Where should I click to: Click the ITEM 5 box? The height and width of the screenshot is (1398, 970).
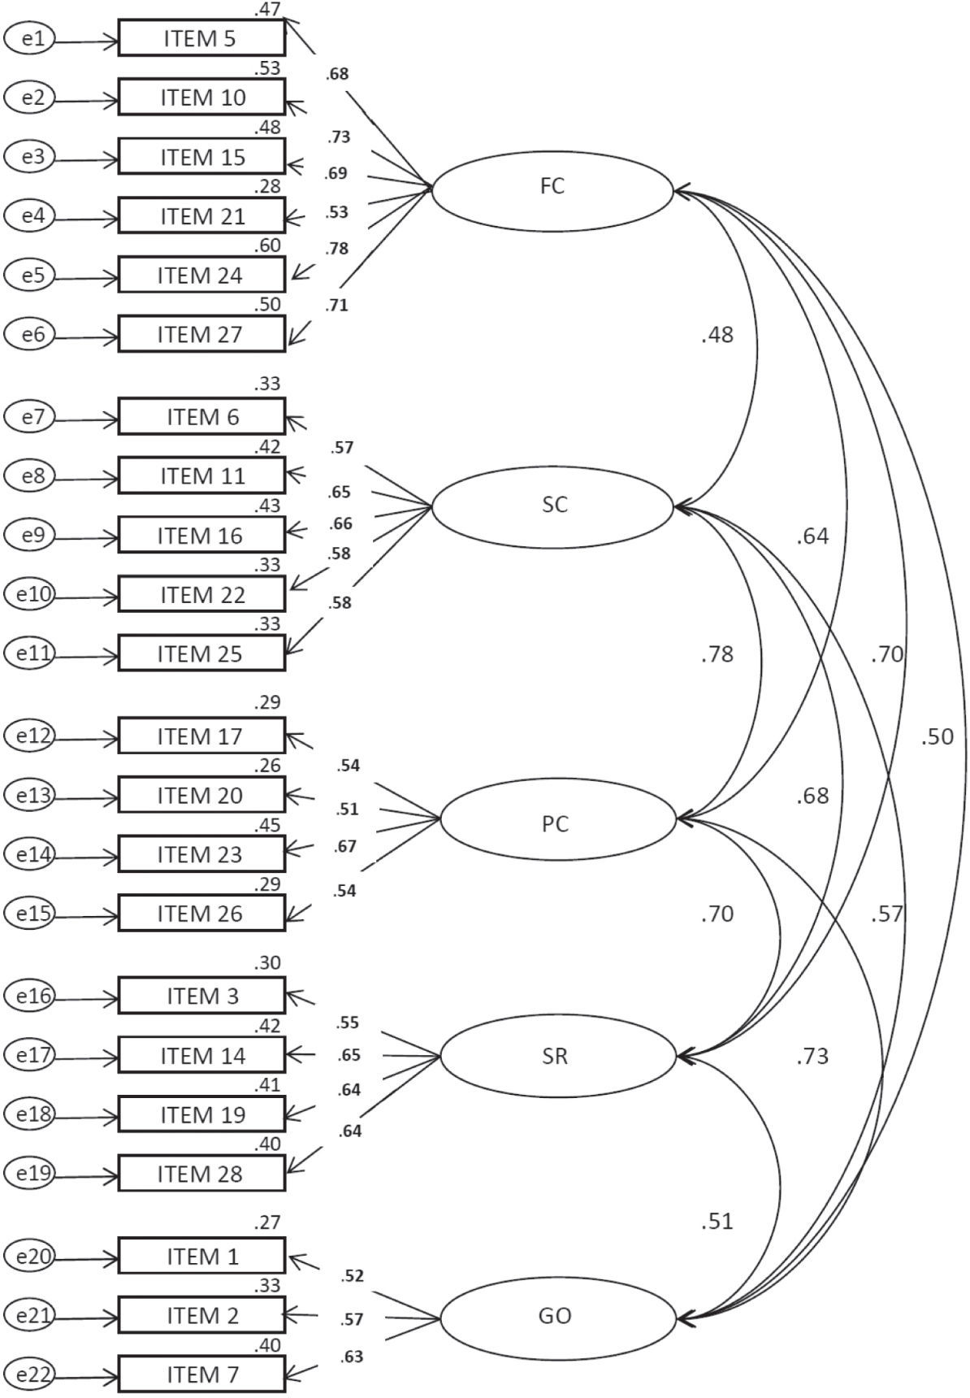click(201, 38)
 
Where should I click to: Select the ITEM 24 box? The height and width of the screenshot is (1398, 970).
click(201, 275)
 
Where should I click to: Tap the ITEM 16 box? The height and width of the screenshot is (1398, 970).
click(201, 535)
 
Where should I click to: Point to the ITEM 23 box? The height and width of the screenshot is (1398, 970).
click(201, 854)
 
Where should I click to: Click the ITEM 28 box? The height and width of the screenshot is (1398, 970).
click(201, 1174)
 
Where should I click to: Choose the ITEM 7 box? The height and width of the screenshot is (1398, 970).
click(201, 1374)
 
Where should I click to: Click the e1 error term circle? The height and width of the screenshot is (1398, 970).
click(30, 38)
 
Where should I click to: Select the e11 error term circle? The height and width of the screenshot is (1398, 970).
click(30, 654)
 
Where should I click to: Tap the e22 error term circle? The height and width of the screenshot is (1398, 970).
click(30, 1374)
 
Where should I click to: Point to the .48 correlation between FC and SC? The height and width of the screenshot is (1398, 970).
click(717, 335)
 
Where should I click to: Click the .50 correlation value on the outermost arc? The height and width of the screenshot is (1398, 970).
click(937, 737)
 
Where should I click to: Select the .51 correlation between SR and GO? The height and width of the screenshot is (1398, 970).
click(717, 1221)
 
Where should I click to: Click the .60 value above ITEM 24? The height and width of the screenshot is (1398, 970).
click(268, 245)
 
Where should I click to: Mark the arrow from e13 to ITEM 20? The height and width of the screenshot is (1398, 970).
click(85, 796)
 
